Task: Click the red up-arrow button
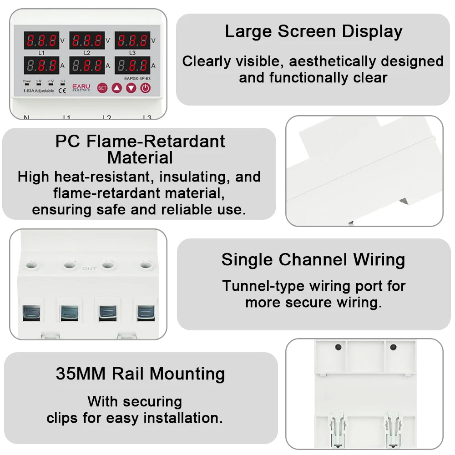(116, 88)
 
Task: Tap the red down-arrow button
(131, 88)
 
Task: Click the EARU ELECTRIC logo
(81, 87)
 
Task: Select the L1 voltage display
(41, 40)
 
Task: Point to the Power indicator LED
(27, 84)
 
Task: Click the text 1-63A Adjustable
(38, 91)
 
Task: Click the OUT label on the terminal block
(89, 268)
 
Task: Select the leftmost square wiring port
(31, 313)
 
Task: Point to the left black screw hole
(338, 347)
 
